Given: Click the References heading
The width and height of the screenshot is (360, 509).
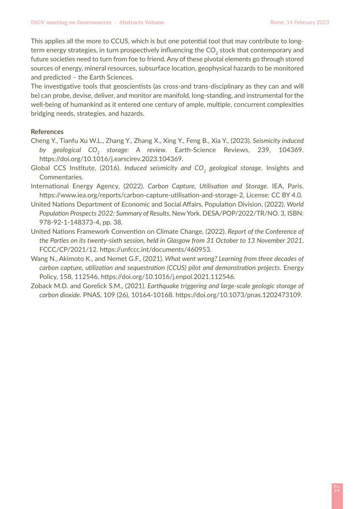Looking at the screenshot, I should point(47,131).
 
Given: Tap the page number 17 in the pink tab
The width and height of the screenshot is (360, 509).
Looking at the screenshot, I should point(337,488).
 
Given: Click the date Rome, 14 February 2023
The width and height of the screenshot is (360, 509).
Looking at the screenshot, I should point(299,22).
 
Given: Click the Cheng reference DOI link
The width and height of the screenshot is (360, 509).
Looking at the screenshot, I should point(111,159).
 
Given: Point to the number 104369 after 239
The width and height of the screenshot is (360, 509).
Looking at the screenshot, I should point(289,150).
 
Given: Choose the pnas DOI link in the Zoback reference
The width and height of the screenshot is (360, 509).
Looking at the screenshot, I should point(239,295).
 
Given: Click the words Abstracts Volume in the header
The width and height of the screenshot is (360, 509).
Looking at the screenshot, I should point(141,22).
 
